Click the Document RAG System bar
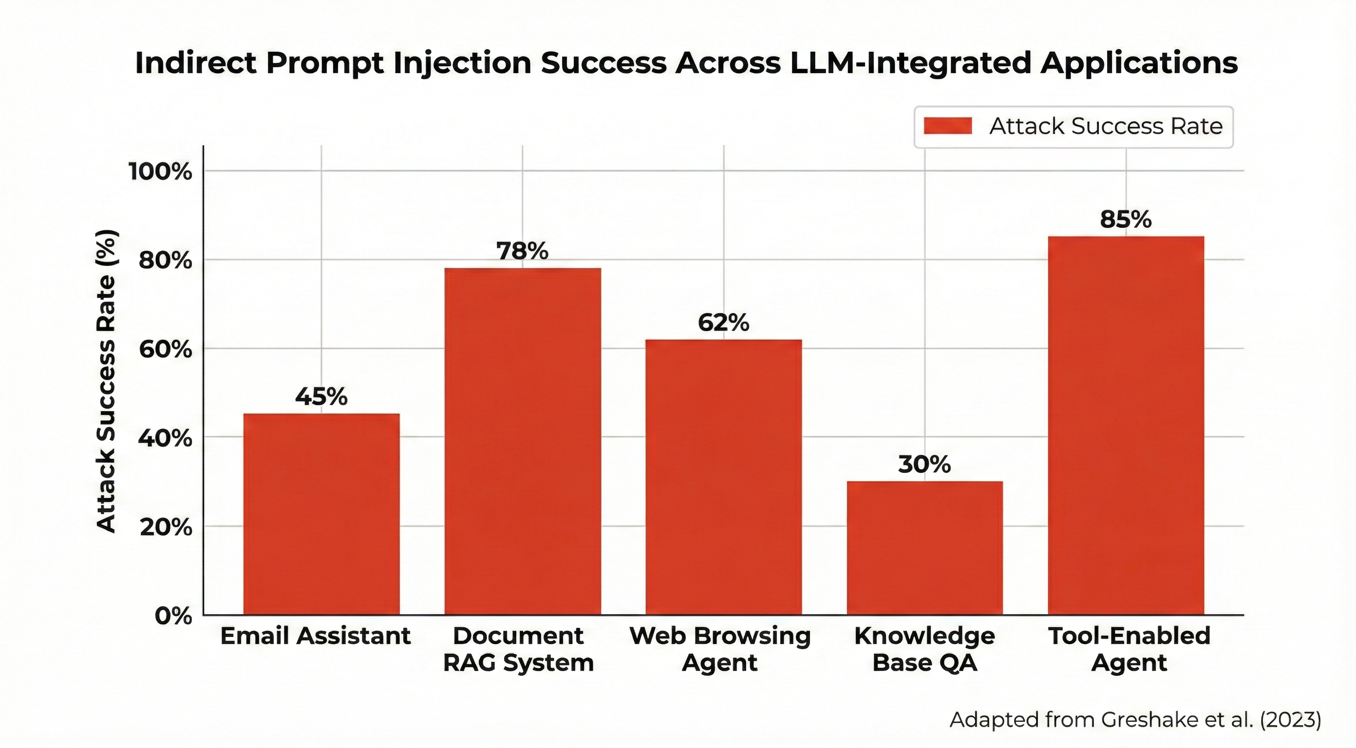(x=522, y=441)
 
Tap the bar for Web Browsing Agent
(x=723, y=477)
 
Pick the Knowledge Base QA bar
(x=924, y=547)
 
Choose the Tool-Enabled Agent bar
(x=1126, y=425)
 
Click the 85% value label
(x=1126, y=220)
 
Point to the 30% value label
(x=924, y=464)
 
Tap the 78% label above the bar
(x=522, y=251)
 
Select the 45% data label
(x=321, y=396)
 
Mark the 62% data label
(x=723, y=323)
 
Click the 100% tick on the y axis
(x=161, y=171)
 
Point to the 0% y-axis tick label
(x=172, y=616)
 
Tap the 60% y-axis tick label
(x=165, y=349)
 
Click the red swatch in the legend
(x=947, y=126)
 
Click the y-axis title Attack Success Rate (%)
(x=106, y=382)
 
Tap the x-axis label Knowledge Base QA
(x=924, y=649)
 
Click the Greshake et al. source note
(x=1135, y=720)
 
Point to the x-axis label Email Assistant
(x=315, y=636)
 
